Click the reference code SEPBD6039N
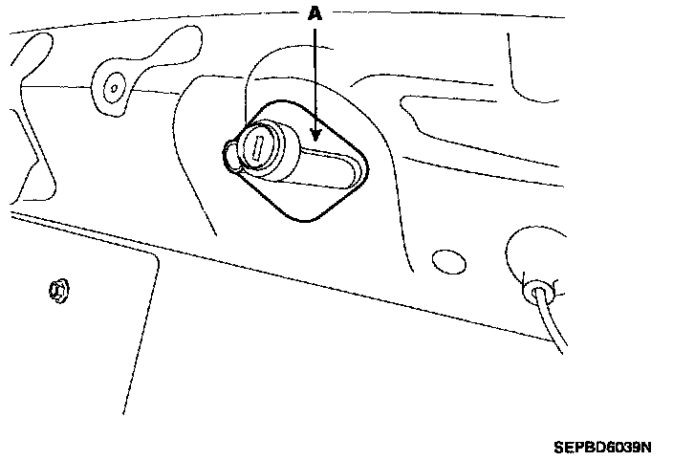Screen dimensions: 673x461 [x=601, y=447]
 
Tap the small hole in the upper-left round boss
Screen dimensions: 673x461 [x=114, y=87]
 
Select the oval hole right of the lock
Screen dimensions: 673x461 [x=445, y=259]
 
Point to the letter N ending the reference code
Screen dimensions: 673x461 [x=645, y=447]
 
